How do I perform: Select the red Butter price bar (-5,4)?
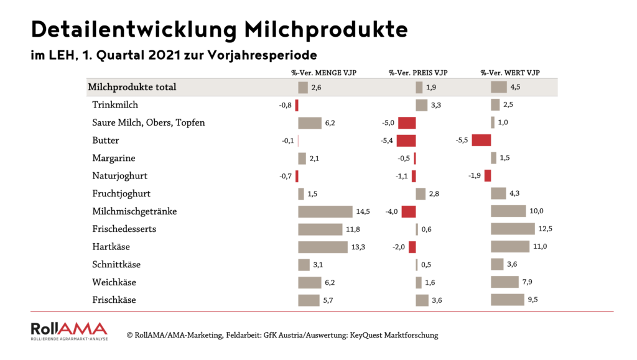(x=406, y=141)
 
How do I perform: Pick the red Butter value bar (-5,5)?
(x=481, y=141)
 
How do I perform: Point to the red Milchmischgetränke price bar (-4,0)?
(x=409, y=211)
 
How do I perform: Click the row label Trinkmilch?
(x=115, y=105)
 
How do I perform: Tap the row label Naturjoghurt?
(x=119, y=176)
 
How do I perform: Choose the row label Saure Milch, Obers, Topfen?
(x=148, y=122)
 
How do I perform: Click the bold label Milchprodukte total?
(x=133, y=87)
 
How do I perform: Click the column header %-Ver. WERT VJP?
(x=509, y=73)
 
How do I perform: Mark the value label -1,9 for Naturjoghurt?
(x=475, y=176)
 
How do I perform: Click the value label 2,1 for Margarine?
(x=314, y=159)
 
